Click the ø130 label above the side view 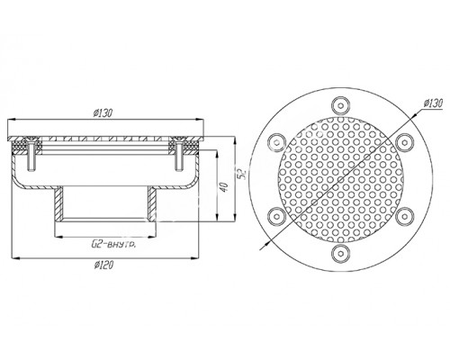[103, 113]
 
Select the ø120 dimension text [103, 265]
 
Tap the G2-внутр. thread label [113, 245]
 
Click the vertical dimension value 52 [243, 175]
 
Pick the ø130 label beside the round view [433, 103]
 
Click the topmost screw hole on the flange [340, 105]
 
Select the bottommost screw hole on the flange [340, 253]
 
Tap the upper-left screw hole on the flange [276, 142]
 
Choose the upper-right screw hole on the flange [404, 142]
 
